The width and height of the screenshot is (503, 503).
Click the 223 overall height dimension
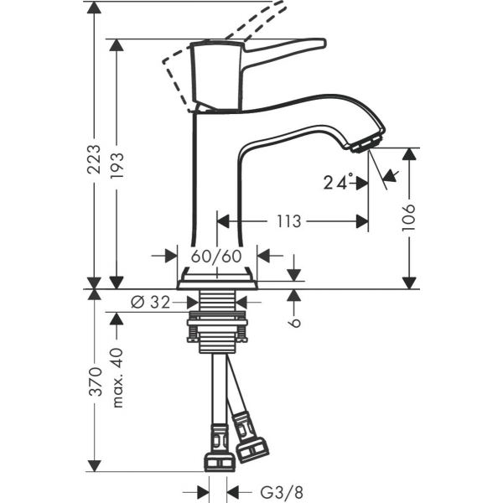[x=94, y=159]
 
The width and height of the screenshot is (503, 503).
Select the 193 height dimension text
[x=117, y=166]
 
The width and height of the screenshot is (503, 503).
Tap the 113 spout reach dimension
[x=288, y=221]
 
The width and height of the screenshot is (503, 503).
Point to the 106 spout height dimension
[x=409, y=217]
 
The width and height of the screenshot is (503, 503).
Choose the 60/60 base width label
[x=216, y=256]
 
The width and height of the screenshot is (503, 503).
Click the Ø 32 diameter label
[x=150, y=302]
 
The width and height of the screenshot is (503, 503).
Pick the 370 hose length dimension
[x=95, y=381]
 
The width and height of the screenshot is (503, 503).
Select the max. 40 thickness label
[x=117, y=378]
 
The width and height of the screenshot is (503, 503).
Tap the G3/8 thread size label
[x=282, y=492]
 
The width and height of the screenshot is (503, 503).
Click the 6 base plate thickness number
[x=294, y=323]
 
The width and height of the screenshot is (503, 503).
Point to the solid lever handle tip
[x=324, y=43]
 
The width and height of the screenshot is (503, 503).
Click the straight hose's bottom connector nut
[x=220, y=461]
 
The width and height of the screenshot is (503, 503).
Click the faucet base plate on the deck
[x=217, y=285]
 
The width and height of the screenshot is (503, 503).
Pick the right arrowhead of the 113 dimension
[x=362, y=221]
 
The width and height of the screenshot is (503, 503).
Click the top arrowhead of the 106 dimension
[x=409, y=154]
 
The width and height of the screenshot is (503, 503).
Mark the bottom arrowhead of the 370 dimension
[x=94, y=466]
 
